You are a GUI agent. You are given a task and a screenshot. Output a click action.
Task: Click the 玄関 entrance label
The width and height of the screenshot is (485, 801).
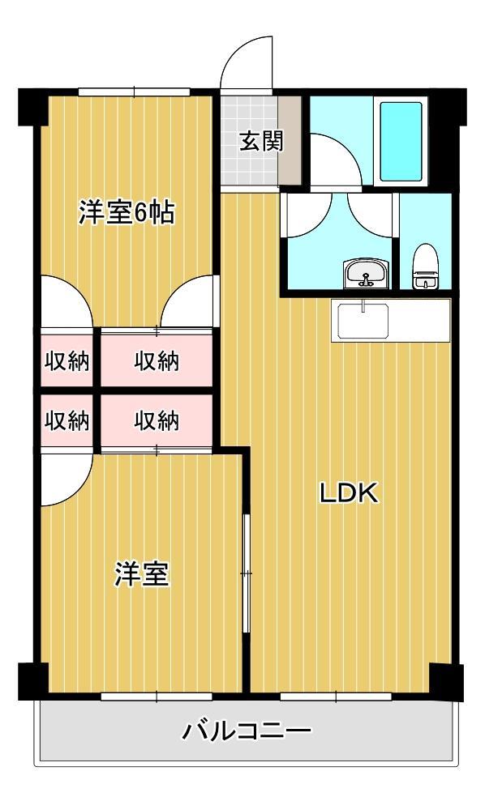[x=261, y=141]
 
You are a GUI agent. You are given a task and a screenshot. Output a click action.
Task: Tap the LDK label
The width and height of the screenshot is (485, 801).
[x=349, y=493]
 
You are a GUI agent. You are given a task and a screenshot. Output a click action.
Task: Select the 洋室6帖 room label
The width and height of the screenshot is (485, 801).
[x=127, y=212]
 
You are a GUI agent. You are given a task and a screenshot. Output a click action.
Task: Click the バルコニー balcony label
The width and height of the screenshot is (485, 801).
[x=247, y=731]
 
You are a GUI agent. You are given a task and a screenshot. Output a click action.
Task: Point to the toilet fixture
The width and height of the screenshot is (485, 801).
[x=425, y=266]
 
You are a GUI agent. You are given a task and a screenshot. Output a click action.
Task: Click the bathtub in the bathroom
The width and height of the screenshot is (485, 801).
[x=401, y=142]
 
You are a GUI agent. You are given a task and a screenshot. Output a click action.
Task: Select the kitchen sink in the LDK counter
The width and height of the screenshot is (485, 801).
[x=363, y=321]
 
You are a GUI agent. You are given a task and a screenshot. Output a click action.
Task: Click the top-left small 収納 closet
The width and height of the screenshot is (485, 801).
[x=67, y=361]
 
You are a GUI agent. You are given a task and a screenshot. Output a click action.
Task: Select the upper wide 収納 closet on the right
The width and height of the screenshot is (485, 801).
[x=157, y=361]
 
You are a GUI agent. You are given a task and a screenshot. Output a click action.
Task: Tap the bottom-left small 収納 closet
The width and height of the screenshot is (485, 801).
[x=67, y=421]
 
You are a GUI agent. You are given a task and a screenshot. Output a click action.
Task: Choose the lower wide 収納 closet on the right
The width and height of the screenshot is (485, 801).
[x=157, y=421]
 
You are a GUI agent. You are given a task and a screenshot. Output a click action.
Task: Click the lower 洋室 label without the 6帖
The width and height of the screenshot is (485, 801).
[x=141, y=574]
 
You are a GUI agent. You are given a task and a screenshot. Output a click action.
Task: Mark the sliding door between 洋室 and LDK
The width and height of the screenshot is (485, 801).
[x=247, y=574]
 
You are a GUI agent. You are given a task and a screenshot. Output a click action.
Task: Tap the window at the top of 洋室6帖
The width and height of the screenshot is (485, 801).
[x=135, y=92]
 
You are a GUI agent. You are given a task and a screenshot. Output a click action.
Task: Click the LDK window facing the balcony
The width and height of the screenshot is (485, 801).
[x=336, y=697]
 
